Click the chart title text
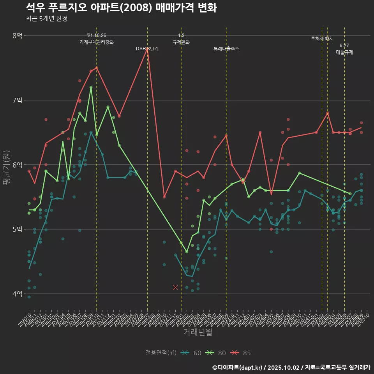click(121, 7)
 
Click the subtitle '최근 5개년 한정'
click(46, 19)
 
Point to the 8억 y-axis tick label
click(17, 35)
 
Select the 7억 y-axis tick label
click(17, 100)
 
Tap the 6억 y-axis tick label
click(17, 165)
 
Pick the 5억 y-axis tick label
click(17, 229)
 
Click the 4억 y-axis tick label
click(17, 294)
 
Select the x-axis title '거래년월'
click(198, 332)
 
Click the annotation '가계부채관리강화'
click(97, 42)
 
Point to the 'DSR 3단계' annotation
click(147, 49)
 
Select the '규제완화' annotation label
click(181, 42)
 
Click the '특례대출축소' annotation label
click(226, 49)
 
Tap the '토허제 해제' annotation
click(322, 39)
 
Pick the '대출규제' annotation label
click(344, 52)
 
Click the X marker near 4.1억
click(175, 287)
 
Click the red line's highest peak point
click(147, 48)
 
